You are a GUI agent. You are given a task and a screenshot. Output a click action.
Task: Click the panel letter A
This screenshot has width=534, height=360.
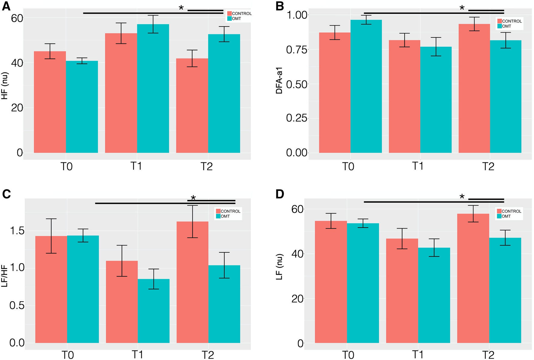[x=6, y=6]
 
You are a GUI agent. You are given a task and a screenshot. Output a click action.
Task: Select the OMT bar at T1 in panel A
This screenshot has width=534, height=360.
[x=153, y=90]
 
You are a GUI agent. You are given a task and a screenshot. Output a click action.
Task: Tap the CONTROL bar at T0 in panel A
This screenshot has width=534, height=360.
[x=50, y=103]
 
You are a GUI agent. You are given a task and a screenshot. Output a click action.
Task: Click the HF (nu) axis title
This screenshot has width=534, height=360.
[x=5, y=86]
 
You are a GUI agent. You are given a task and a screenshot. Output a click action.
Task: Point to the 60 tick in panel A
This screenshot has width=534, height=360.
[x=17, y=18]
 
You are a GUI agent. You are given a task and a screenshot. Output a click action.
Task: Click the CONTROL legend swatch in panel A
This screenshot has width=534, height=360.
[x=229, y=14]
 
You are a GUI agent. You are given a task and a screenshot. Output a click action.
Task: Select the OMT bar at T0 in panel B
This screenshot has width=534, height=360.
[x=366, y=87]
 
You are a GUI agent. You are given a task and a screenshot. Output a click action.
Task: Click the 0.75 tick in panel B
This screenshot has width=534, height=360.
[x=296, y=50]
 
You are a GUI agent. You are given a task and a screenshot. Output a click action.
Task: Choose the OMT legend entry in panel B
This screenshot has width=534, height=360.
[x=507, y=26]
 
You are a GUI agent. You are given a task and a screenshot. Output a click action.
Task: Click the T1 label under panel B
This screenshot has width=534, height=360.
[x=418, y=166]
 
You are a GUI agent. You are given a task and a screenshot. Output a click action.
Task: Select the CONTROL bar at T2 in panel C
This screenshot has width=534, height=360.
[x=192, y=283]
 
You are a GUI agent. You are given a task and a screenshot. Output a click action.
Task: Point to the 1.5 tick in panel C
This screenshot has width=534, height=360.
[x=17, y=231]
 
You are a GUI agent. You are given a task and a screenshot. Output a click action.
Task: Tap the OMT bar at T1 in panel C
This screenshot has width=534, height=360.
[x=154, y=311]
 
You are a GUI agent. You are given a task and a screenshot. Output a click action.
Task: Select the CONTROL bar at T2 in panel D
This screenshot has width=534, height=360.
[x=473, y=279]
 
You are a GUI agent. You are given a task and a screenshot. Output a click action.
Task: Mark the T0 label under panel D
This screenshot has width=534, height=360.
[x=348, y=355]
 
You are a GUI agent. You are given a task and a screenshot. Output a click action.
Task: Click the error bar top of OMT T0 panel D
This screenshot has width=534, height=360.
[x=363, y=219]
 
